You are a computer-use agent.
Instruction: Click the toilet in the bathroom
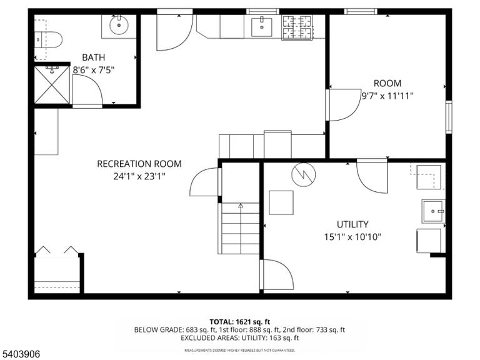click(48, 39)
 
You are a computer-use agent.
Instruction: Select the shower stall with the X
click(52, 85)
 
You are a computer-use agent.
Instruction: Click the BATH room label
click(93, 57)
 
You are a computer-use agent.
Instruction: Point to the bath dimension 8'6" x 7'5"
click(93, 70)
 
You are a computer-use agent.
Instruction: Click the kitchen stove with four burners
click(297, 27)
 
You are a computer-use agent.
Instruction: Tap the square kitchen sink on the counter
click(262, 27)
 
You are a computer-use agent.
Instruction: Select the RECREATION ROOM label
click(139, 164)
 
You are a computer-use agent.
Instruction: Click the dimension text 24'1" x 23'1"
click(139, 177)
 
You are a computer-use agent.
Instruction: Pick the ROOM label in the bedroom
click(387, 83)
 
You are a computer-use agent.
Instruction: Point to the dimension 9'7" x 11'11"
click(387, 96)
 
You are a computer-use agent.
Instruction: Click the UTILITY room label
click(352, 224)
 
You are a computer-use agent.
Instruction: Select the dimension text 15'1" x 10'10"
click(352, 237)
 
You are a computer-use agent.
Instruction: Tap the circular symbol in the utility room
click(303, 174)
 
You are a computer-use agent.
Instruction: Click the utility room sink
click(433, 211)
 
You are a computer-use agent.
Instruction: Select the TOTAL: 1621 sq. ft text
click(240, 322)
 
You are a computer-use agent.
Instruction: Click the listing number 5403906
click(20, 354)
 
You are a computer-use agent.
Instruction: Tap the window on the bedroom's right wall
click(449, 117)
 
